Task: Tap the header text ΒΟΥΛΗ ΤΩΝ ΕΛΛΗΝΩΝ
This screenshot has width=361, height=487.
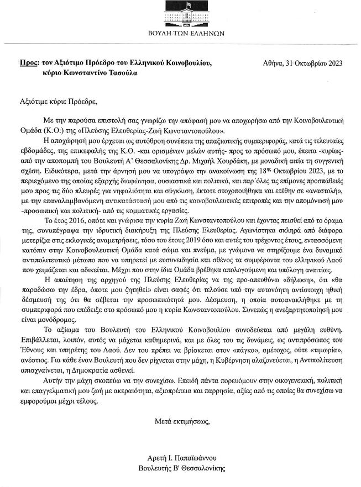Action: [180, 33]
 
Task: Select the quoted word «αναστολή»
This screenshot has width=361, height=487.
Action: [324, 188]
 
